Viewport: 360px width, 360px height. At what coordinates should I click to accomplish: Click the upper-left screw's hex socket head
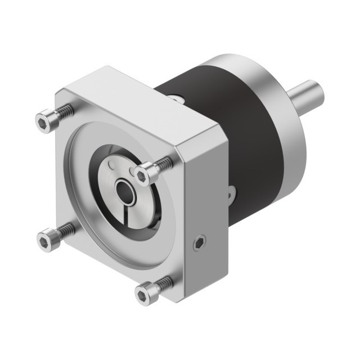(44, 121)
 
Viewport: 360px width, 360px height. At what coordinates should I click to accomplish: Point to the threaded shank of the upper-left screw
(65, 112)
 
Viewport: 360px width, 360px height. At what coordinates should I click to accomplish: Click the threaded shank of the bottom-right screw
(164, 282)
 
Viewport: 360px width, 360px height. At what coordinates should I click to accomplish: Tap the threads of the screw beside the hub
(164, 165)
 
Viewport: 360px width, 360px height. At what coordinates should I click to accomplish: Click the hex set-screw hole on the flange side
(199, 244)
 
